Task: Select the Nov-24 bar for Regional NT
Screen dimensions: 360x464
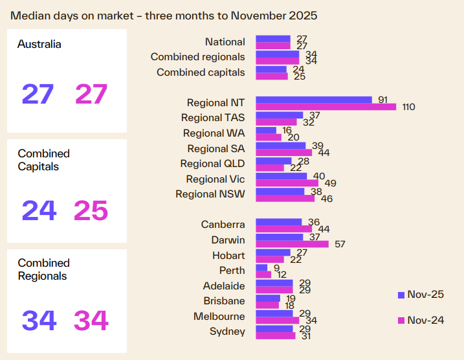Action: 326,107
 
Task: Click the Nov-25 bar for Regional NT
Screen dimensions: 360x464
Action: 314,100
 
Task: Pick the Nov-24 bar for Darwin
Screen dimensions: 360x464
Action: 292,244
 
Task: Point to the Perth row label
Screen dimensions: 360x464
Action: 232,271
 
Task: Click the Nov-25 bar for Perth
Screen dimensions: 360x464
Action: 261,267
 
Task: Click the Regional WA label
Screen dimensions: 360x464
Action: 214,133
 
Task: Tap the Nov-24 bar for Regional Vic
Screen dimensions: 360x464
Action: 287,183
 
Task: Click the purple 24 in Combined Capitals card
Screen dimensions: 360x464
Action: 39,210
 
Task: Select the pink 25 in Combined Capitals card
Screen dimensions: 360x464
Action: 91,210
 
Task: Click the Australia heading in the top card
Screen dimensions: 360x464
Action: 39,45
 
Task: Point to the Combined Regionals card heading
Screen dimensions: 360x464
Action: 43,269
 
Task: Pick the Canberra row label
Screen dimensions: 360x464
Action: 223,225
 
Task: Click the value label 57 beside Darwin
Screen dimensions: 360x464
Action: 338,245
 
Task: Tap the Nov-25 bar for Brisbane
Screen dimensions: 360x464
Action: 268,298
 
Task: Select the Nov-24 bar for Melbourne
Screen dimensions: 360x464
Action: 277,321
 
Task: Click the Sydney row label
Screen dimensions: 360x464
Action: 227,332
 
